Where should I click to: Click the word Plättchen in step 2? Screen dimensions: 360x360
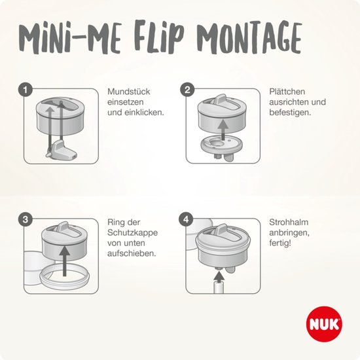click(x=287, y=92)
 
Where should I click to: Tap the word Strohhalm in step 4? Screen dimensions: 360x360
click(x=288, y=222)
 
